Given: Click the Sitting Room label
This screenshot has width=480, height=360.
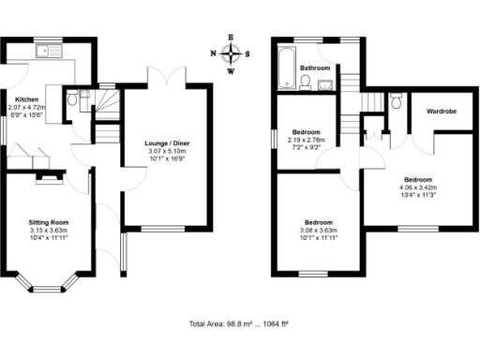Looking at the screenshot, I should [x=49, y=222].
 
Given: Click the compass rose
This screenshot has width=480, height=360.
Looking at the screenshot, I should [x=231, y=54].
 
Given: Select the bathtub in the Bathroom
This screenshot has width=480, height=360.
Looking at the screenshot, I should [x=285, y=65].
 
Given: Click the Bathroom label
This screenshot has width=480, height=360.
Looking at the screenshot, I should [x=314, y=68].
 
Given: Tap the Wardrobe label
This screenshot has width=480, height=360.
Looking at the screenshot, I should [x=441, y=110].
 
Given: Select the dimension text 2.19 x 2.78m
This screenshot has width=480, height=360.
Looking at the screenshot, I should [x=308, y=140].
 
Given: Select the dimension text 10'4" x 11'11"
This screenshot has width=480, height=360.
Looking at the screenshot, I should [x=49, y=238].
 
